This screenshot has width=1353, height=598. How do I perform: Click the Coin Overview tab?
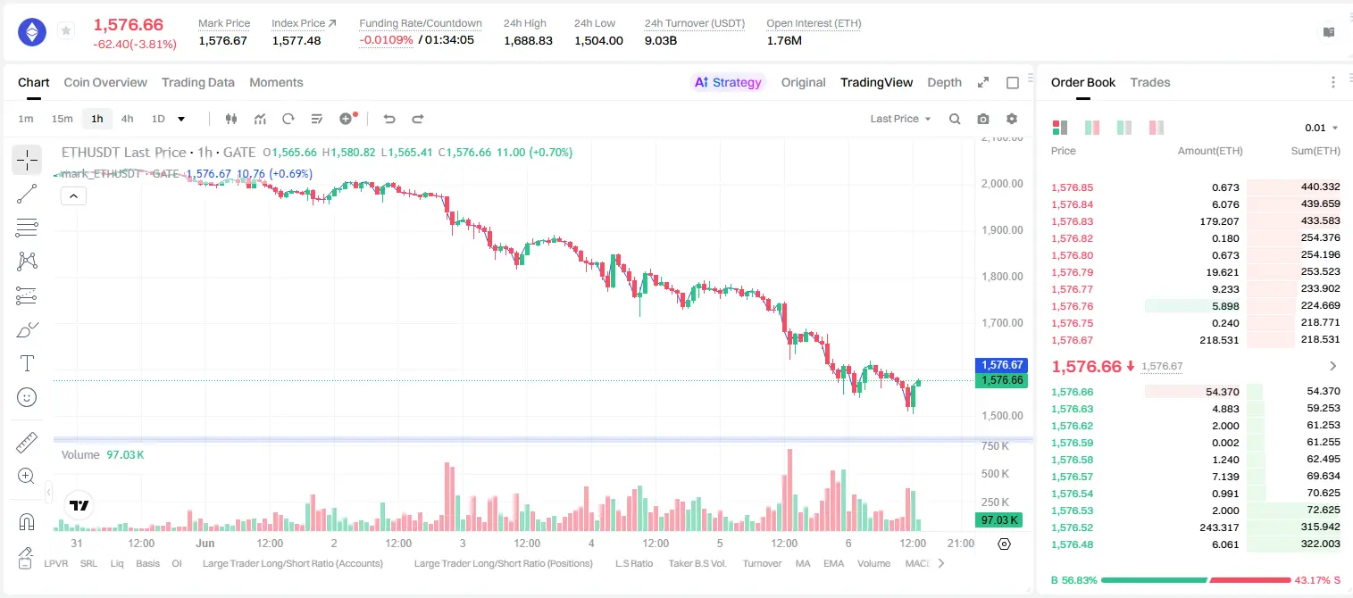pyautogui.click(x=105, y=82)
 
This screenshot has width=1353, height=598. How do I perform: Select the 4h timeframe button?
pyautogui.click(x=127, y=119)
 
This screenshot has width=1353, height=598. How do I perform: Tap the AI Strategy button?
pyautogui.click(x=728, y=82)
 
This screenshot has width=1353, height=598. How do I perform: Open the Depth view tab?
pyautogui.click(x=944, y=82)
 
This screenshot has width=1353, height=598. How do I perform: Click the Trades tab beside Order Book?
pyautogui.click(x=1150, y=82)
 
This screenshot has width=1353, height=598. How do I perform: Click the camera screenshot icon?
pyautogui.click(x=983, y=119)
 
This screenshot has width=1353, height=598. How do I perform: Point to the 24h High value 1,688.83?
pyautogui.click(x=528, y=40)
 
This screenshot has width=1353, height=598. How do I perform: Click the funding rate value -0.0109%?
pyautogui.click(x=386, y=40)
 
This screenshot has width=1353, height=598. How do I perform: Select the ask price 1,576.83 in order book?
pyautogui.click(x=1073, y=221)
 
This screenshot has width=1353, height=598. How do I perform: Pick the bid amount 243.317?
pyautogui.click(x=1219, y=527)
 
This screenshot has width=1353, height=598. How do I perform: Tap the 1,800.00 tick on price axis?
pyautogui.click(x=1002, y=277)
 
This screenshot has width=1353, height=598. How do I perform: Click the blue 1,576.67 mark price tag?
pyautogui.click(x=1001, y=364)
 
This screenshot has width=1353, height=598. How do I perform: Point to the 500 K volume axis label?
pyautogui.click(x=995, y=474)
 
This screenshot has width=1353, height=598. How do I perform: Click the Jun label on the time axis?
pyautogui.click(x=205, y=543)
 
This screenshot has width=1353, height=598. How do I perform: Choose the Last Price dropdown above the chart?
pyautogui.click(x=900, y=119)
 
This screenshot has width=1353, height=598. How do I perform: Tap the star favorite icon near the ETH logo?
pyautogui.click(x=66, y=30)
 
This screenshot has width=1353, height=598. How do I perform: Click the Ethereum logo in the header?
pyautogui.click(x=32, y=32)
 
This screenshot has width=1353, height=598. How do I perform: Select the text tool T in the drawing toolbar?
pyautogui.click(x=27, y=364)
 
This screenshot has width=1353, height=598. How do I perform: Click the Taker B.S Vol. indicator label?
pyautogui.click(x=697, y=563)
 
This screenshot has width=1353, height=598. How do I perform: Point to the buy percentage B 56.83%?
pyautogui.click(x=1073, y=580)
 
